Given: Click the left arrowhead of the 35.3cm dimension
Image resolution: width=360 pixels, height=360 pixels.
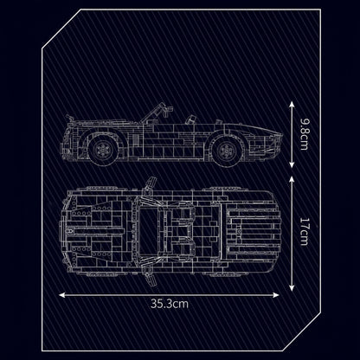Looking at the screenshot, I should click(x=59, y=292).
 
